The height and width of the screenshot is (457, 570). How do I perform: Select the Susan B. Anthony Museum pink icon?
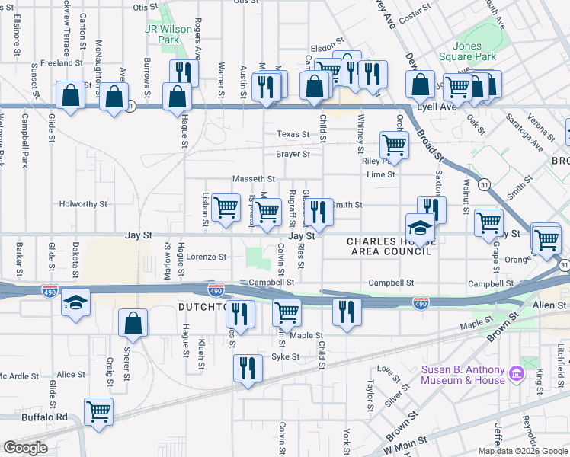(516, 374)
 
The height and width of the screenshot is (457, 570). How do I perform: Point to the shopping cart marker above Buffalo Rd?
(99, 412)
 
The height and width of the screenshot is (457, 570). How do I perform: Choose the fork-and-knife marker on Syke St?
(247, 368)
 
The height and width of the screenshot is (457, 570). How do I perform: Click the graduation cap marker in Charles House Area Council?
(420, 226)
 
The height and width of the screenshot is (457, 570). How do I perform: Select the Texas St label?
(293, 134)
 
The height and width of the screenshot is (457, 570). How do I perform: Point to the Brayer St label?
(293, 154)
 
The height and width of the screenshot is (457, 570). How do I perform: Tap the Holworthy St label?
(84, 204)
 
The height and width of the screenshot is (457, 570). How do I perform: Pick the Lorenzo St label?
(207, 257)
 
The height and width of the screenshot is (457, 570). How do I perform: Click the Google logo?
(26, 448)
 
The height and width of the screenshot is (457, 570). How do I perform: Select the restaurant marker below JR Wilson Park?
(183, 72)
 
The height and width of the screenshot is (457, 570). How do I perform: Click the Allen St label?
(549, 305)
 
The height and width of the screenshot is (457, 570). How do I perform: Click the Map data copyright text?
(523, 451)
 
